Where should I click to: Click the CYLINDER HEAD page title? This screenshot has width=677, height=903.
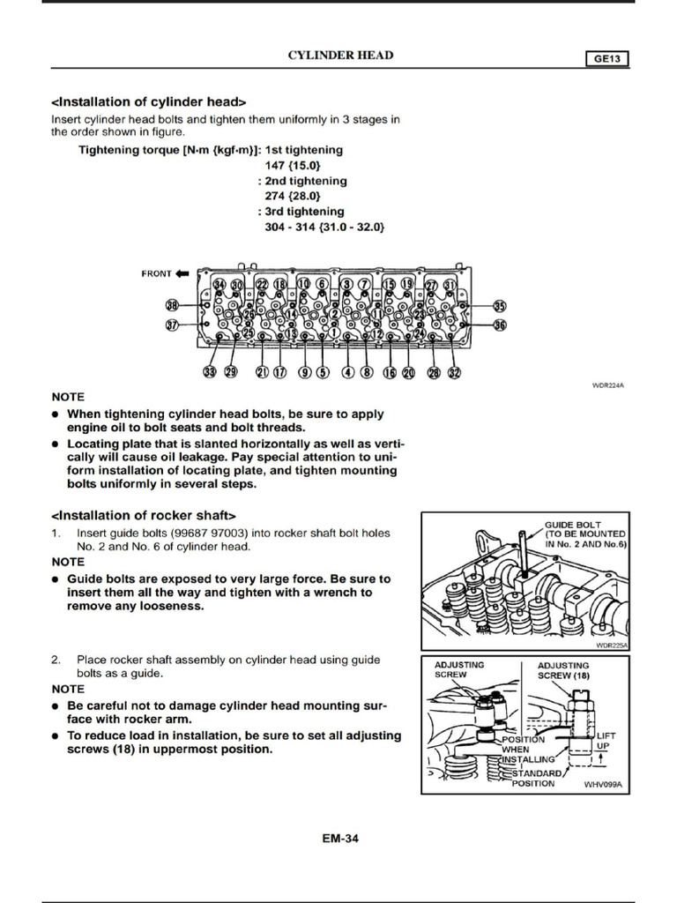tap(341, 56)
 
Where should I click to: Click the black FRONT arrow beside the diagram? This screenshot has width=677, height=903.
tap(182, 272)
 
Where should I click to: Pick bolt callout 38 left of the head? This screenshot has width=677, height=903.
tap(173, 305)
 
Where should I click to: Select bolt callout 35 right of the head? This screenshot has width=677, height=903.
tap(500, 306)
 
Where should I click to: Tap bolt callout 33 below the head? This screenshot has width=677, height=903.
tap(210, 372)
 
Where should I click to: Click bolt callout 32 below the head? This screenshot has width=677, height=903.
tap(454, 372)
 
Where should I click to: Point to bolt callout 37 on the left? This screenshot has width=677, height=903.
tap(173, 325)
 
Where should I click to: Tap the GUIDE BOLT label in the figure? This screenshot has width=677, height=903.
tap(572, 525)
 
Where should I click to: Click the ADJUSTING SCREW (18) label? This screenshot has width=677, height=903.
tap(563, 669)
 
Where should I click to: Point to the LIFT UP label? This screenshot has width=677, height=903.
tap(606, 741)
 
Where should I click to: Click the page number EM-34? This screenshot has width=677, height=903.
tap(340, 839)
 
